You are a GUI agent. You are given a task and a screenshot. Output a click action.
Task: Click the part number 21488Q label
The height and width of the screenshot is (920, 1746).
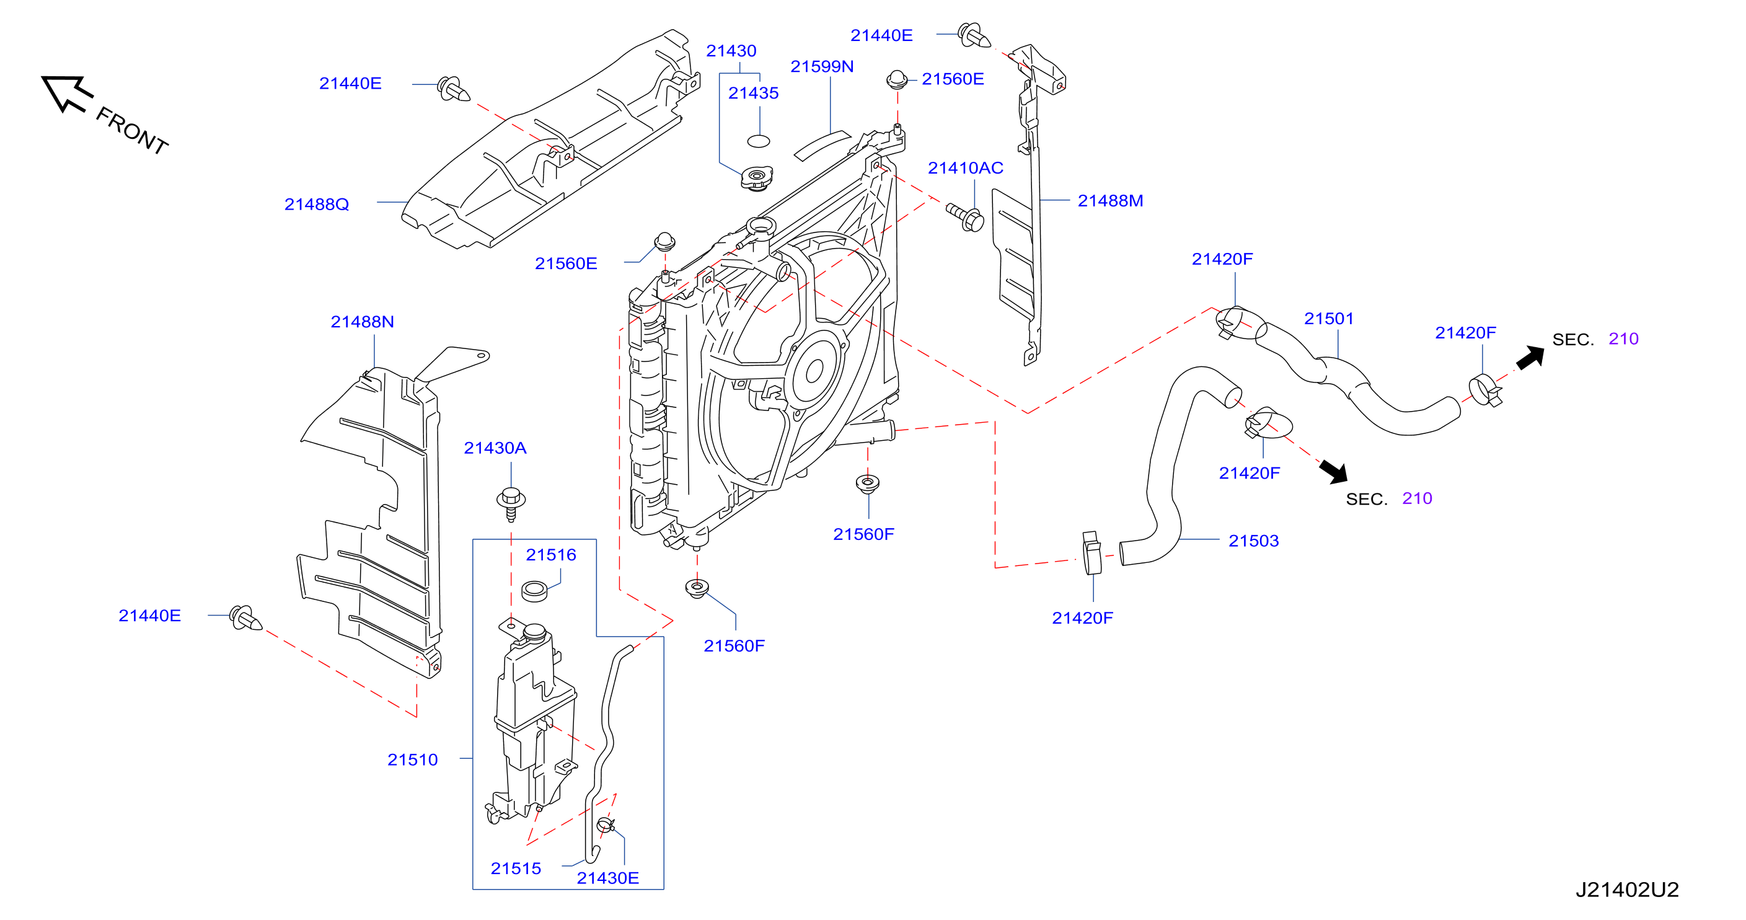[317, 204]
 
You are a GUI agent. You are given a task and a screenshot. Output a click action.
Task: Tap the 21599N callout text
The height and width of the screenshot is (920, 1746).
[821, 66]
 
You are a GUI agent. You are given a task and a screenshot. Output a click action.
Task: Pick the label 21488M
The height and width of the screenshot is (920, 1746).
[1110, 201]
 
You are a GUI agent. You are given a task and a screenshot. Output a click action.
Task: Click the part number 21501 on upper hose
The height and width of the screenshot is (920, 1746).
[1328, 319]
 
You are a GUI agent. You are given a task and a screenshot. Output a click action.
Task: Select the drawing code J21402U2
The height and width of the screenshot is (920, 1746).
[1627, 890]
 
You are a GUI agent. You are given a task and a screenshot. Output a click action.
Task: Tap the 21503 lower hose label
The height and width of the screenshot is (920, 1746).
[1253, 541]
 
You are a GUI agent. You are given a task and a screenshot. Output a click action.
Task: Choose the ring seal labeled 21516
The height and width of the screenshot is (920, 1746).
[535, 591]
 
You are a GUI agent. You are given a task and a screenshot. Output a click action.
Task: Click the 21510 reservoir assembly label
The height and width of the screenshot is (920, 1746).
[412, 760]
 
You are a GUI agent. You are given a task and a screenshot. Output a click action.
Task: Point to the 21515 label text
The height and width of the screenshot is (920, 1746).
[516, 869]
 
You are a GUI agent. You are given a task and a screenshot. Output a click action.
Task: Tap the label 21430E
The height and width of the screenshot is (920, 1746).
[607, 878]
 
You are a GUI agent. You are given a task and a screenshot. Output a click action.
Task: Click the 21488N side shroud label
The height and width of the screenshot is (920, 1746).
[362, 322]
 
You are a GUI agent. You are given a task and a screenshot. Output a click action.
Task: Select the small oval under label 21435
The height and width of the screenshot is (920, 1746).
[759, 141]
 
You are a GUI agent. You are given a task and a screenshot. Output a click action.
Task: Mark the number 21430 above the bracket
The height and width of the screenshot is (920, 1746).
[731, 51]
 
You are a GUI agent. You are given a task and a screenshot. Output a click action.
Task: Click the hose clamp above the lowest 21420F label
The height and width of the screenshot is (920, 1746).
[1091, 553]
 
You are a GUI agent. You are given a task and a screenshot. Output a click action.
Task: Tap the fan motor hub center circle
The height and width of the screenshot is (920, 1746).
[813, 371]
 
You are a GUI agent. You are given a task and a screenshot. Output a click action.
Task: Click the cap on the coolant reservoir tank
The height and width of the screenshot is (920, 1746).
[534, 632]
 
